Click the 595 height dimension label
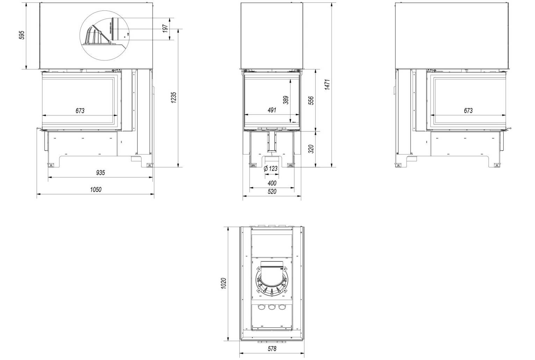tap(22, 35)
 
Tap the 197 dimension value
tap(165, 29)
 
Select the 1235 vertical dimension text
tap(174, 98)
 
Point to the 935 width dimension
tap(101, 172)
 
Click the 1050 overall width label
tap(96, 189)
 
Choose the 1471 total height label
tap(327, 85)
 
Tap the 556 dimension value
tap(311, 101)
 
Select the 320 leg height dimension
tap(311, 149)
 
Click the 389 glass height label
tap(285, 100)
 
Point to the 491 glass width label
tap(272, 110)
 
